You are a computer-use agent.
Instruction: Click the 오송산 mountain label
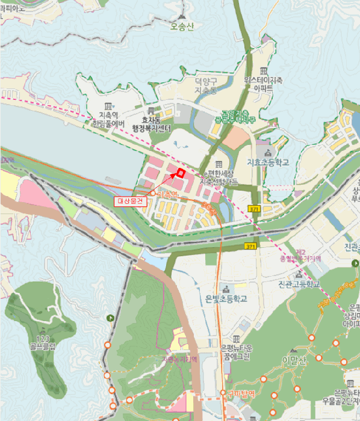coord(183,26)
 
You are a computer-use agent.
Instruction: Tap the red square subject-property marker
coord(179,174)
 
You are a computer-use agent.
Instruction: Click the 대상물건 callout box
coord(129,201)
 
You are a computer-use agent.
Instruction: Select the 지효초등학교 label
coord(268,162)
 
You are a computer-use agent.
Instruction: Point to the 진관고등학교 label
coord(298,284)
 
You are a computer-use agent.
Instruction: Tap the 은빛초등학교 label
coord(226,298)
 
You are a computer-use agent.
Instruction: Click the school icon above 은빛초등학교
coord(226,287)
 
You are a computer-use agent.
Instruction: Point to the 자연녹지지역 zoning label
coord(179,360)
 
